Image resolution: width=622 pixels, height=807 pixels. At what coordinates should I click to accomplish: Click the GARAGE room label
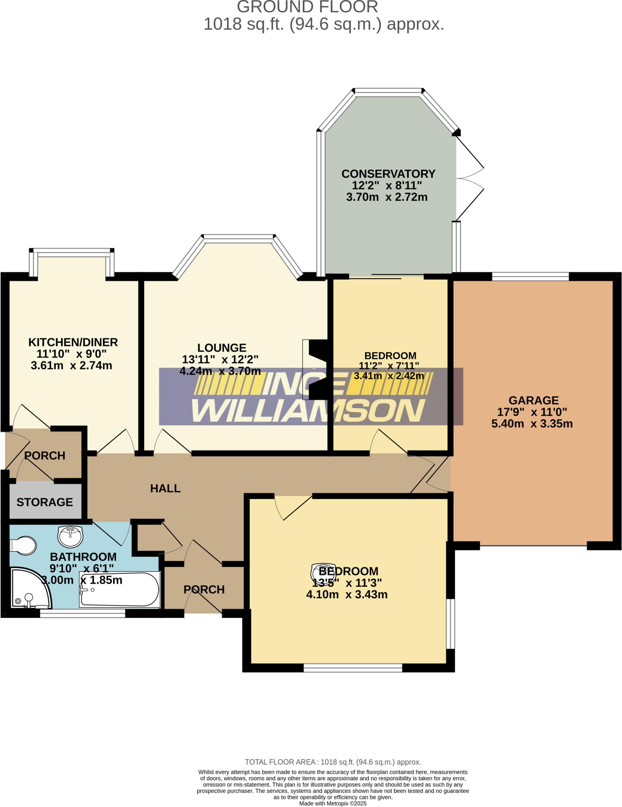533,400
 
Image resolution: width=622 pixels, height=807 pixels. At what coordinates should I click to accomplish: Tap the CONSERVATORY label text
388,174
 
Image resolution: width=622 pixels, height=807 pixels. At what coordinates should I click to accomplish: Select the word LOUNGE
222,348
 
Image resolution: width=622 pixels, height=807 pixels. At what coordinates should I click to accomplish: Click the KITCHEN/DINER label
73,342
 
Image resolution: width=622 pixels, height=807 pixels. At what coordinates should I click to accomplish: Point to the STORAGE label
45,502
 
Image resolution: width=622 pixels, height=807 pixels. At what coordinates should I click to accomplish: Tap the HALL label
165,489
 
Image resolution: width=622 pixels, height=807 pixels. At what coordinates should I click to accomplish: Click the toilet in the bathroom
23,546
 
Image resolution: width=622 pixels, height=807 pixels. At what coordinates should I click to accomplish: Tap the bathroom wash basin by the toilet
70,535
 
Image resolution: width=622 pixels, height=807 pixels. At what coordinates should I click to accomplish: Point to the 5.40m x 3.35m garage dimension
532,424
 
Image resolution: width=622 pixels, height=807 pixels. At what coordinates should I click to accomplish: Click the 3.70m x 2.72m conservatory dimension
387,197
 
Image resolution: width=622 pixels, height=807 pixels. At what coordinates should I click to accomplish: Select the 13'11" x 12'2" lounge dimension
220,359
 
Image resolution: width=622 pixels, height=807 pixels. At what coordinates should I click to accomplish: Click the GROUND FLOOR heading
307,7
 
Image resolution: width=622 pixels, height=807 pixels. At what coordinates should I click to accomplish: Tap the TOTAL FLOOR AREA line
333,762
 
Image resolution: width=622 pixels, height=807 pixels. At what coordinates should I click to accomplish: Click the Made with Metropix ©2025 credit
333,803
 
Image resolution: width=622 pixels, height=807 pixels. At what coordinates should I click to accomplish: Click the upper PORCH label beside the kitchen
45,456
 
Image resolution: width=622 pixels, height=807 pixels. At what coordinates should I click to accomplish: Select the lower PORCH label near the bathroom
204,589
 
